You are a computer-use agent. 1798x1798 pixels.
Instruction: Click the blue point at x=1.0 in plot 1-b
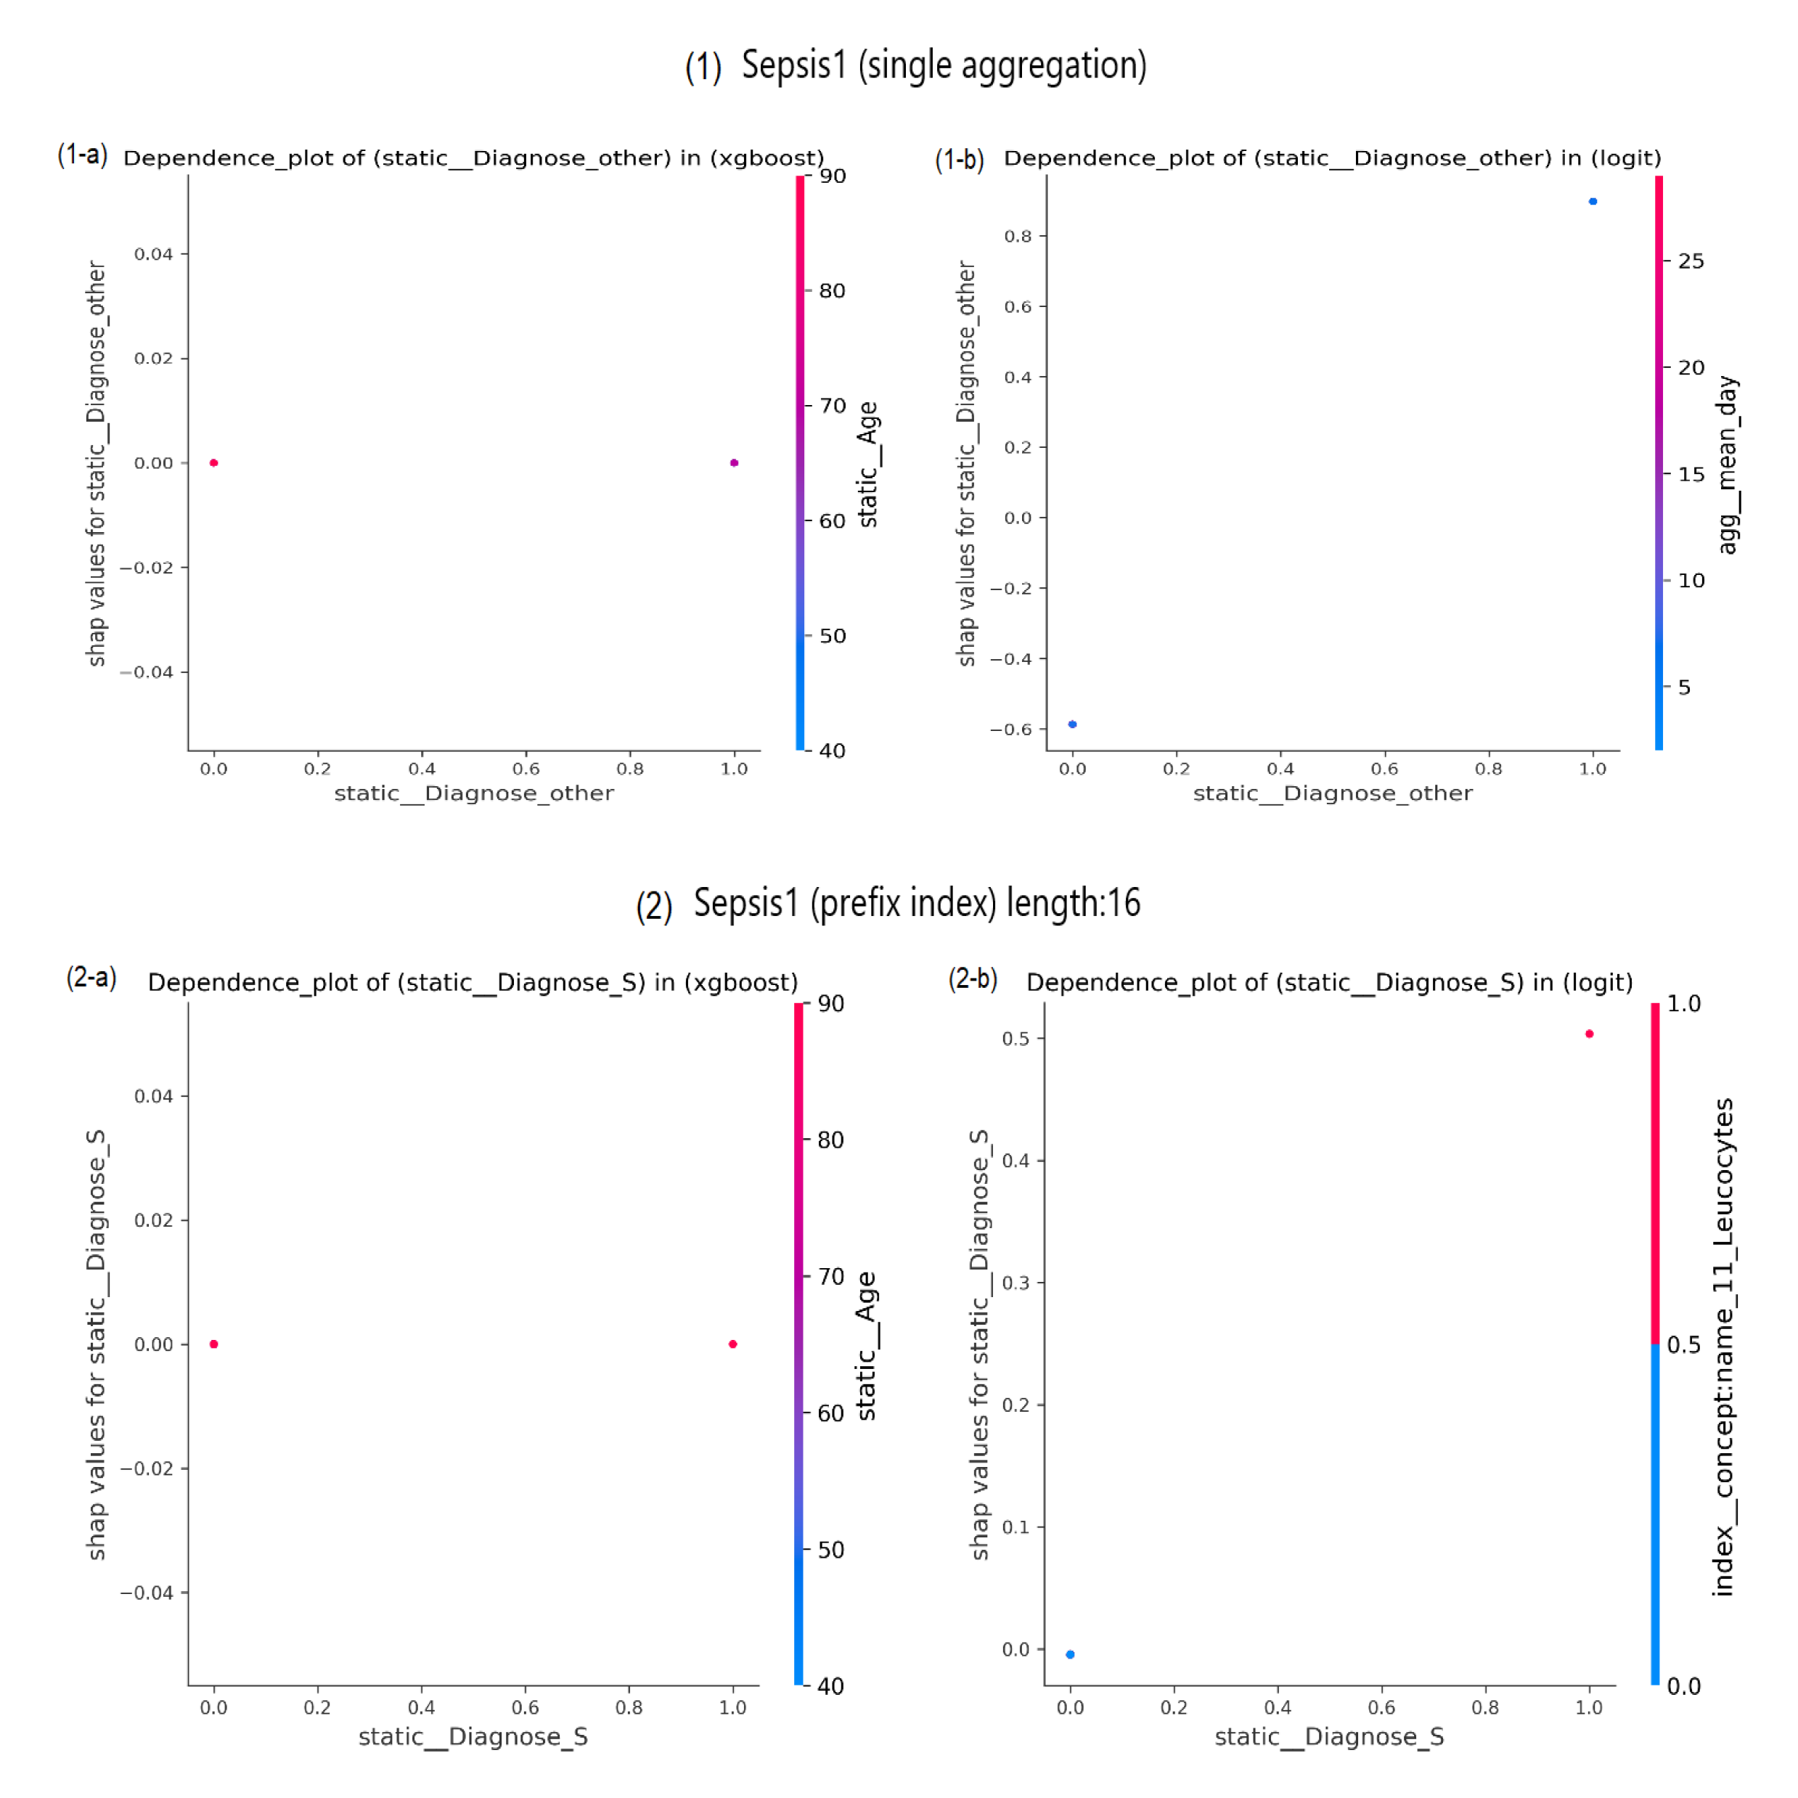(x=1593, y=201)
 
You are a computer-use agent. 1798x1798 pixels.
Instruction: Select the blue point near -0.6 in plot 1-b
(x=1072, y=724)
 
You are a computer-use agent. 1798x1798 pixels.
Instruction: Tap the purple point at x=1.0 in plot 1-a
(x=735, y=462)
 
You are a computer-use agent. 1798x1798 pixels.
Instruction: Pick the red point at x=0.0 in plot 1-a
(x=214, y=462)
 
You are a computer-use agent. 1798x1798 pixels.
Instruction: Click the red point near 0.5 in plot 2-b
(x=1590, y=1034)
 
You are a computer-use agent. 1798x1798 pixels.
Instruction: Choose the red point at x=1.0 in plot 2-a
(x=733, y=1344)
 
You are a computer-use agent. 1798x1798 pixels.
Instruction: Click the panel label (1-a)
(x=83, y=155)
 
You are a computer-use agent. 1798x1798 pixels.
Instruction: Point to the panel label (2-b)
(x=973, y=979)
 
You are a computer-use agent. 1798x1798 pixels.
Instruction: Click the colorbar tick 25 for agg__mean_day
(x=1691, y=261)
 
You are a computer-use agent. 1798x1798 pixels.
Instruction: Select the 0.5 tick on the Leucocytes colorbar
(x=1683, y=1345)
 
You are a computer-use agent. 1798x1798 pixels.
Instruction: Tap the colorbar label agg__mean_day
(x=1728, y=465)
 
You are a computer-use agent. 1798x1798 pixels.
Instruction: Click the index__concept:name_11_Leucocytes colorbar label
(x=1723, y=1347)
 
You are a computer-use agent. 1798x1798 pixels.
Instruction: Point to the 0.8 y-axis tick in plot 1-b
(x=1018, y=237)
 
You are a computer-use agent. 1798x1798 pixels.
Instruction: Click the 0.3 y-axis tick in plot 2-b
(x=1016, y=1283)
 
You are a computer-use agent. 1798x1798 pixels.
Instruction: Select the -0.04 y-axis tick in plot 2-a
(x=147, y=1593)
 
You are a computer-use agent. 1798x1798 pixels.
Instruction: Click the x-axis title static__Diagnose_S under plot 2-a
(x=473, y=1736)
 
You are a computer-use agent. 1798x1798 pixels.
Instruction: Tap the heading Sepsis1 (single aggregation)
(x=944, y=65)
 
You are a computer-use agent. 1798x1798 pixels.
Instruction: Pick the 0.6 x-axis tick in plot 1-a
(x=526, y=769)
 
